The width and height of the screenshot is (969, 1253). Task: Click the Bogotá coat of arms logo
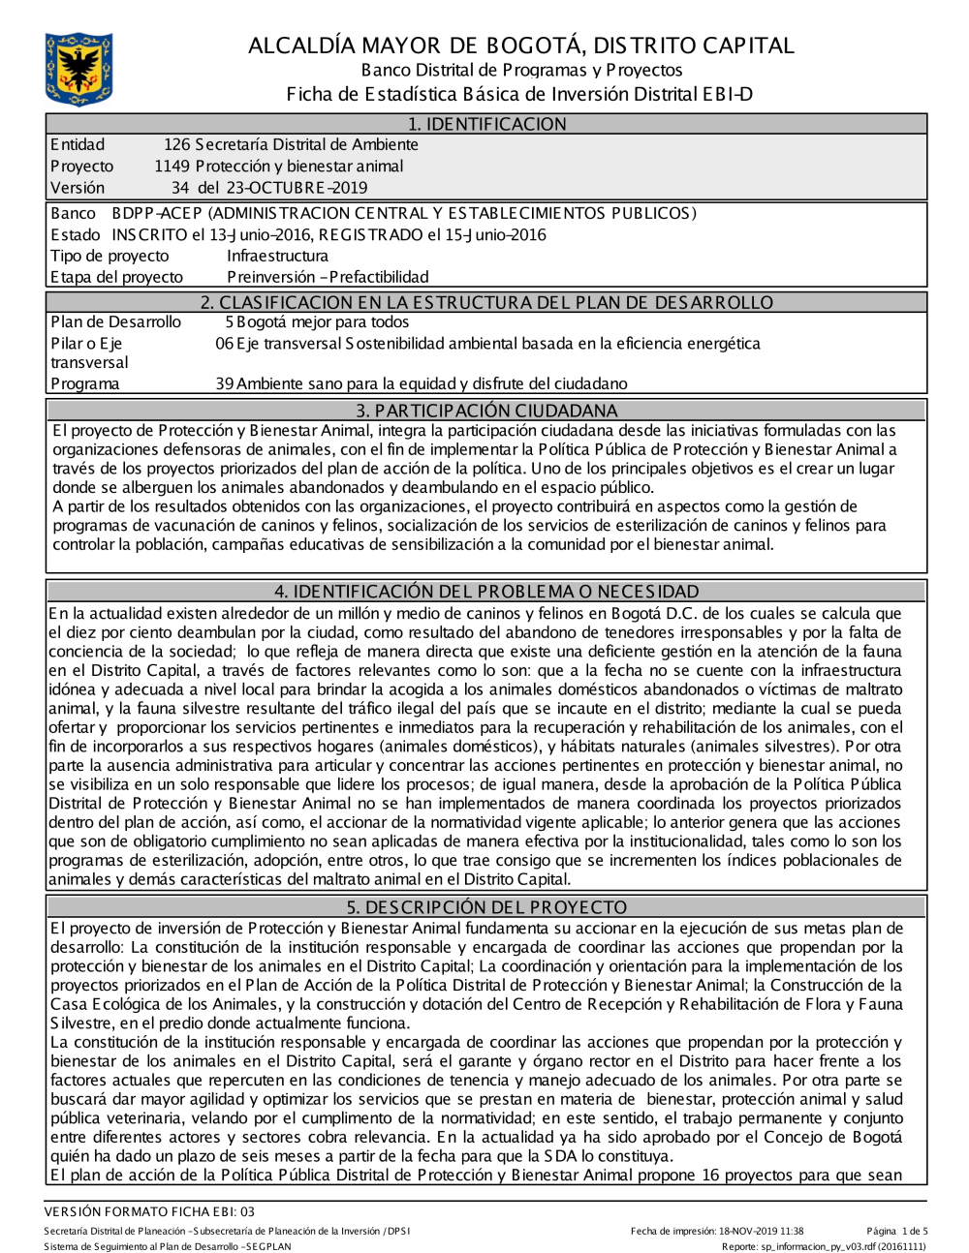tap(78, 69)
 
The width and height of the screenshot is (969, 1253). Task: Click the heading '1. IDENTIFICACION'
tap(486, 124)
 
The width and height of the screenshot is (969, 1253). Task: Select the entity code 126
tap(176, 145)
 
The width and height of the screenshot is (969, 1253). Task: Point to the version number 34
tap(180, 188)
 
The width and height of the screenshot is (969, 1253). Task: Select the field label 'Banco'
tap(73, 213)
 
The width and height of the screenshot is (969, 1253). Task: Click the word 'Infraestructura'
tap(277, 256)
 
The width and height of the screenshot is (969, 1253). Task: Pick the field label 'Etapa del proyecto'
tap(116, 277)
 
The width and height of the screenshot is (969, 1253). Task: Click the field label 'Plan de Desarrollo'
tap(115, 322)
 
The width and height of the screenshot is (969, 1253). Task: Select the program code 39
tap(225, 384)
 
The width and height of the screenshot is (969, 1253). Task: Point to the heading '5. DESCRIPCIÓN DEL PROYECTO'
tap(486, 907)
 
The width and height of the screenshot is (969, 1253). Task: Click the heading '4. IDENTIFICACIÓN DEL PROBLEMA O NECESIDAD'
tap(486, 592)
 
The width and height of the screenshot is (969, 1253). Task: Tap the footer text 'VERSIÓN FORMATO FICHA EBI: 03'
tap(149, 1211)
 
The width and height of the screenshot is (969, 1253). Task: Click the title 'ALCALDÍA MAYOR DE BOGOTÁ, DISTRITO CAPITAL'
tap(520, 46)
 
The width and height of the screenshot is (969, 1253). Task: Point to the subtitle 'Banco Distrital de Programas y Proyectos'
tap(521, 70)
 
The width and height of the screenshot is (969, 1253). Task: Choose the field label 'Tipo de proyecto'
tap(109, 256)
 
